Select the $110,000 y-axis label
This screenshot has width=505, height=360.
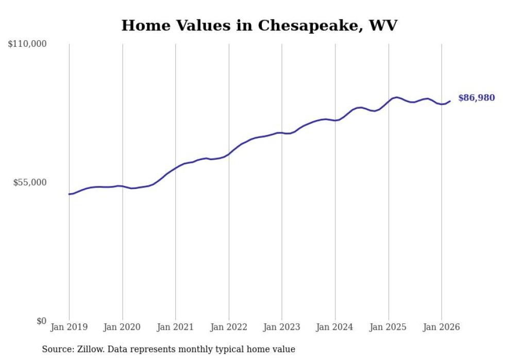(27, 44)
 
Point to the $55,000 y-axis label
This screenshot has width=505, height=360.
(29, 182)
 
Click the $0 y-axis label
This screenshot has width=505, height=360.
(41, 321)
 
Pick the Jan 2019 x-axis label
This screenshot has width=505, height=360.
(69, 327)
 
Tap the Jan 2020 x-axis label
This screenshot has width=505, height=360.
(122, 327)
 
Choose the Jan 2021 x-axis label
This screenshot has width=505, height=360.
(175, 327)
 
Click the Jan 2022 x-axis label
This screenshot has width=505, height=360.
(229, 327)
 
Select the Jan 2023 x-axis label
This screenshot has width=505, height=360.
(282, 327)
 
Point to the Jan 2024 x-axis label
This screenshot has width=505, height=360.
(335, 327)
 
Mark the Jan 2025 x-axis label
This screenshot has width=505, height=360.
(389, 327)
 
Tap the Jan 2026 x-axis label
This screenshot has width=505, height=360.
(442, 327)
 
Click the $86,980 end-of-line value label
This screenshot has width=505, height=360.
(476, 98)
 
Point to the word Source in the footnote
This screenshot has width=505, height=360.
(57, 349)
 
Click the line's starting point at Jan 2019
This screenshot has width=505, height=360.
(69, 194)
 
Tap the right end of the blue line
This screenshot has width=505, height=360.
(450, 101)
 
